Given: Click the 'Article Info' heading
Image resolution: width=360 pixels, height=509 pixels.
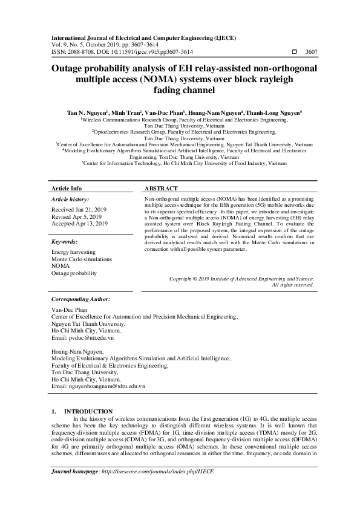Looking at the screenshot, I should (x=67, y=188).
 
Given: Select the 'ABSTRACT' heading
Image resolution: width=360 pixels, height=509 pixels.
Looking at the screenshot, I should (x=161, y=188).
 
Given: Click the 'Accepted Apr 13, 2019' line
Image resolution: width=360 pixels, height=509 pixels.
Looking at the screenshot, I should (x=80, y=224).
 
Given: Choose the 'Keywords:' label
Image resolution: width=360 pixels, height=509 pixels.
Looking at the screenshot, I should (x=65, y=241).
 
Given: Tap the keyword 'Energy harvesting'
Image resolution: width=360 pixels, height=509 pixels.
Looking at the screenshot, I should (x=73, y=251).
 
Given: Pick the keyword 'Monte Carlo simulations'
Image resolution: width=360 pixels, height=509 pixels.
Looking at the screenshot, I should (x=82, y=259).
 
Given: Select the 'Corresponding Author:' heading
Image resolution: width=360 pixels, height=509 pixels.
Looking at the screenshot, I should (x=80, y=299).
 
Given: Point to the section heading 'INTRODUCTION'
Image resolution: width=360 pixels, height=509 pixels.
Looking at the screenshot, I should (x=88, y=411).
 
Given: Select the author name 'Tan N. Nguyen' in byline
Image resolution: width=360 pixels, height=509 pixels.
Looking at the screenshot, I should (x=87, y=112).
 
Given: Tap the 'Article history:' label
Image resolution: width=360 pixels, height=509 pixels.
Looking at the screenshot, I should (x=70, y=199).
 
